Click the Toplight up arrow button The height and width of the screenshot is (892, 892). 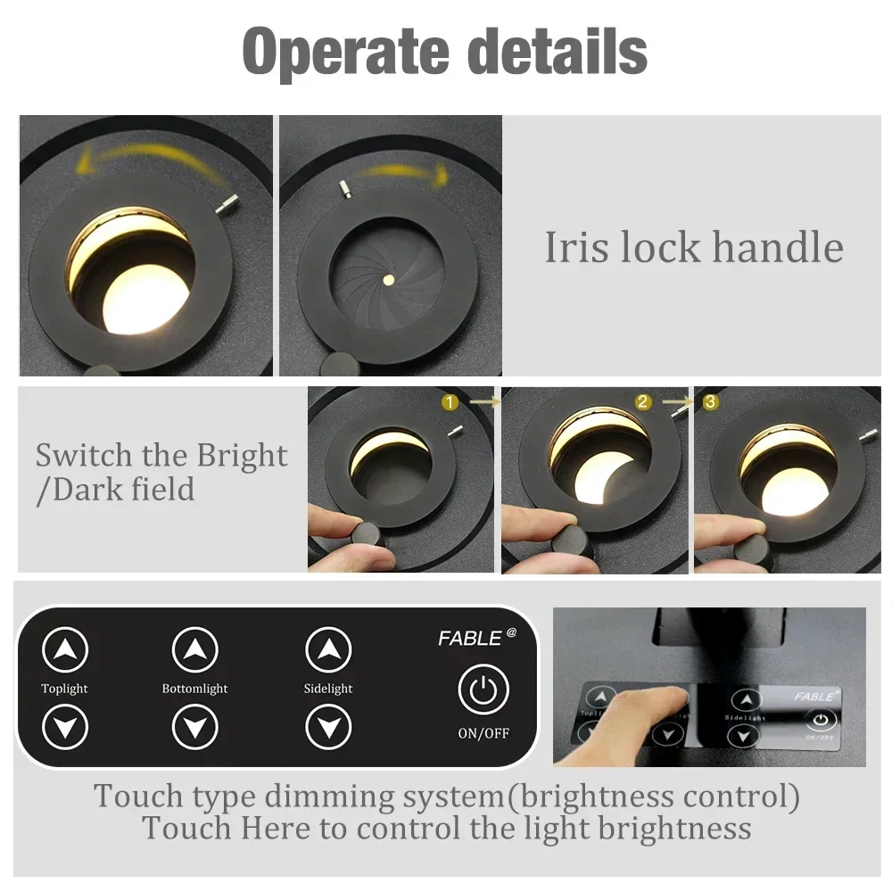point(65,650)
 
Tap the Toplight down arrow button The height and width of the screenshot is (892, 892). point(65,728)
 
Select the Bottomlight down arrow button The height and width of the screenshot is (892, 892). point(195,728)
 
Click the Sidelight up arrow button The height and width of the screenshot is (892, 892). point(328,650)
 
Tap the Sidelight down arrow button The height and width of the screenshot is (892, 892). point(328,728)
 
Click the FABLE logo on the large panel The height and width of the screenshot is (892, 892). point(472,638)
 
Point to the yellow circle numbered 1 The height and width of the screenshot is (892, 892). point(450,402)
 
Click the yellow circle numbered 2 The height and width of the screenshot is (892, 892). point(643,402)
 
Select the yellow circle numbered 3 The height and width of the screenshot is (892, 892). point(710,402)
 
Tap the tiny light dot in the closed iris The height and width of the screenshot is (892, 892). point(389,279)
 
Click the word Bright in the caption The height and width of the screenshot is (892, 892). point(243,456)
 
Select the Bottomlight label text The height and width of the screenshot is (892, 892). point(194,689)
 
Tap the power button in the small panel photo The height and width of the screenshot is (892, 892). point(821,720)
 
